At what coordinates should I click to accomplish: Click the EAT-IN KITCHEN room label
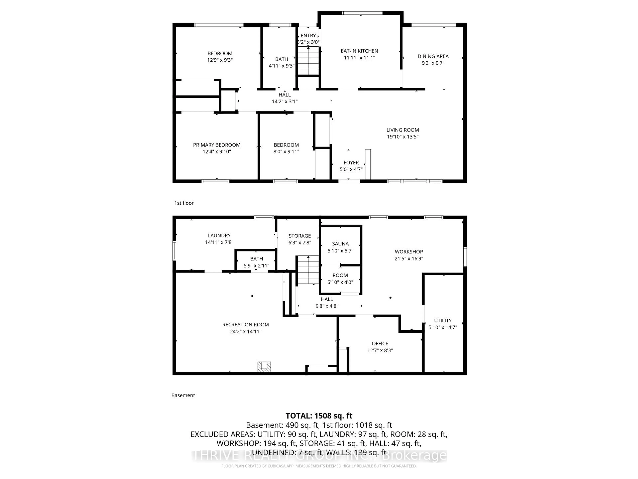pyautogui.click(x=359, y=51)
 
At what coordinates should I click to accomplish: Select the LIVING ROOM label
pyautogui.click(x=403, y=130)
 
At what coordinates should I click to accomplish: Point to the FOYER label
pyautogui.click(x=351, y=162)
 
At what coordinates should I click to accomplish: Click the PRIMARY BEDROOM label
pyautogui.click(x=217, y=145)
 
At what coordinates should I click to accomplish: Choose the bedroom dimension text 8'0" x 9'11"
pyautogui.click(x=286, y=152)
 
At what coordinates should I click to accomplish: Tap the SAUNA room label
pyautogui.click(x=340, y=244)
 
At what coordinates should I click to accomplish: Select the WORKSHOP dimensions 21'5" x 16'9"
pyautogui.click(x=409, y=259)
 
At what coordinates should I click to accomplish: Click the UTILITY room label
pyautogui.click(x=443, y=320)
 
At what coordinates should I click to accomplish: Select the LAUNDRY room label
pyautogui.click(x=219, y=235)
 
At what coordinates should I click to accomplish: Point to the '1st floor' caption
pyautogui.click(x=184, y=203)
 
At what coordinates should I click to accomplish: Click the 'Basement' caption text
pyautogui.click(x=183, y=395)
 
